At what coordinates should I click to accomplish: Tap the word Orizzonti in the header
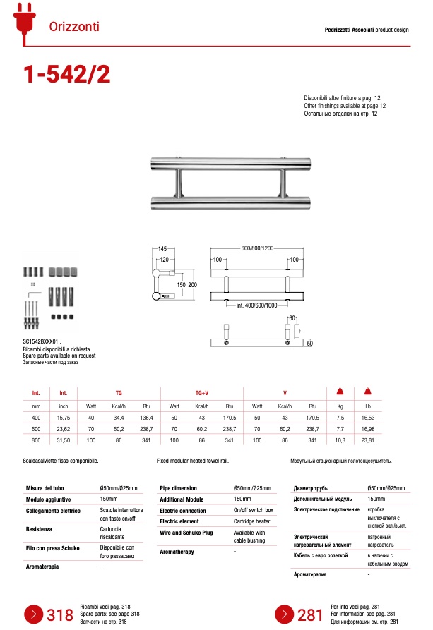[74, 27]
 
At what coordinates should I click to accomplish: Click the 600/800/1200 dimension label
[257, 248]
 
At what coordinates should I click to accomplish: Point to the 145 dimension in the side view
[162, 249]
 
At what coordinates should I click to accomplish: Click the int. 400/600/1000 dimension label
[256, 305]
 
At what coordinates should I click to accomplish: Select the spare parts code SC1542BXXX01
[47, 342]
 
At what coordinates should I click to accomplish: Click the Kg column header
[340, 406]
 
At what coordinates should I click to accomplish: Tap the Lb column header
[367, 406]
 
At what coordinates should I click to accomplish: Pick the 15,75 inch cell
[63, 418]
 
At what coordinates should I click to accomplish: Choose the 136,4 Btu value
[146, 418]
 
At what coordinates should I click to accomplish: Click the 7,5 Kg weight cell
[340, 418]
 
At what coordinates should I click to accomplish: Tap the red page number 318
[60, 615]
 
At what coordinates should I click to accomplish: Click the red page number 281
[309, 615]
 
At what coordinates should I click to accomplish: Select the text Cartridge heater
[251, 521]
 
